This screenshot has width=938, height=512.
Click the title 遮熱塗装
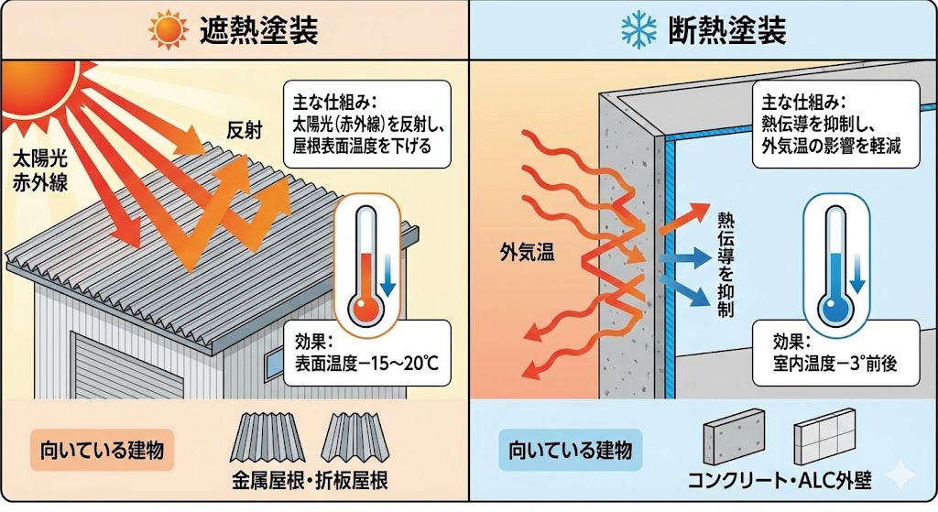coord(259,31)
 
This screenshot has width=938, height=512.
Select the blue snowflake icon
coord(636,31)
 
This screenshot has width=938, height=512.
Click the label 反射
coord(245,131)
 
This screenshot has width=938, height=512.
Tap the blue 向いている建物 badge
coord(570,450)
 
